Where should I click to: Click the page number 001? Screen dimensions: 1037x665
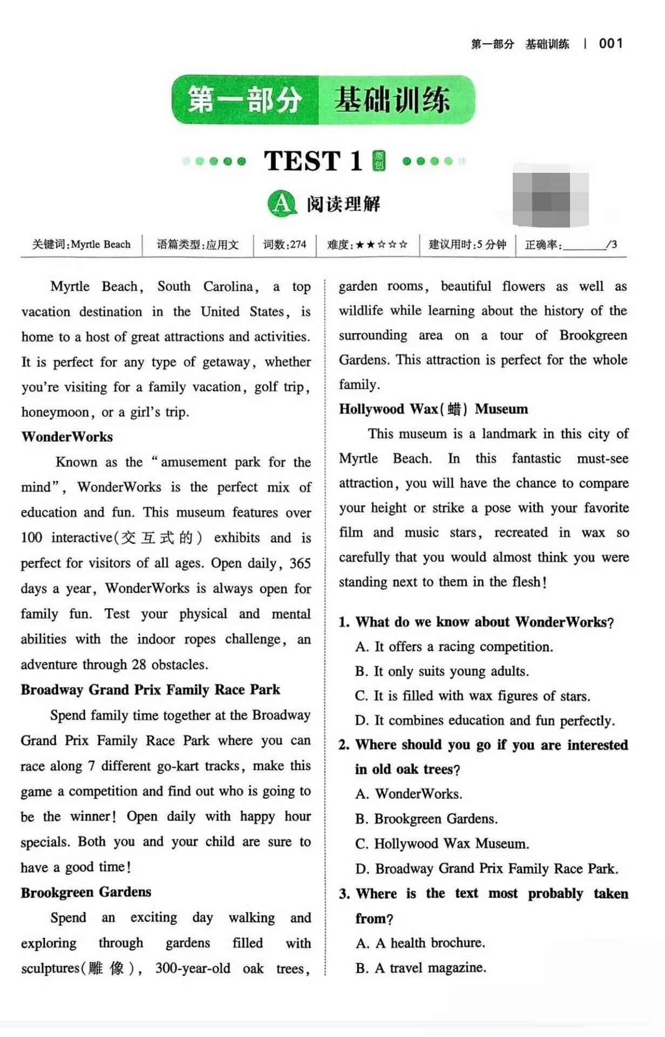(x=611, y=44)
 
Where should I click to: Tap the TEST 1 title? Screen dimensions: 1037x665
(x=313, y=161)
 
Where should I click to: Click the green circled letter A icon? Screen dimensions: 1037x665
(x=281, y=204)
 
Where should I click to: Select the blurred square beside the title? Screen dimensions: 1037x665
(x=550, y=195)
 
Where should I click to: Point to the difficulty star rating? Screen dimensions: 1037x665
(x=381, y=245)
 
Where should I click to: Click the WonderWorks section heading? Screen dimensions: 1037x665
(x=67, y=437)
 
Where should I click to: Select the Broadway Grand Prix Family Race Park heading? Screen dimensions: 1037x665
(x=150, y=690)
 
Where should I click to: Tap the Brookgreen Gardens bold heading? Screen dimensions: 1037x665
(x=86, y=892)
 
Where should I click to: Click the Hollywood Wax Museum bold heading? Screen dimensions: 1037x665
(x=433, y=409)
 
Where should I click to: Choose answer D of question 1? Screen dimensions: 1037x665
(x=485, y=720)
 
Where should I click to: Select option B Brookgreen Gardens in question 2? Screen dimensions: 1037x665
(x=426, y=819)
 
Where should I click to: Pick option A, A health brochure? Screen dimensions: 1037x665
(x=420, y=943)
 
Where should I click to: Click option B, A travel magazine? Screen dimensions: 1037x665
(x=421, y=968)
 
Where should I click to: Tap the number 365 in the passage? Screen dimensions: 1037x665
(x=300, y=563)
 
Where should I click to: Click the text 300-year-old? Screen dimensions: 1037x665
(x=192, y=968)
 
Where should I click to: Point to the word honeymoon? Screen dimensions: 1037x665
(x=55, y=412)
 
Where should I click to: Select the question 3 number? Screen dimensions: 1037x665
(x=344, y=894)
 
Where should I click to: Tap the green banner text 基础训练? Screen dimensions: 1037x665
(x=392, y=100)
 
